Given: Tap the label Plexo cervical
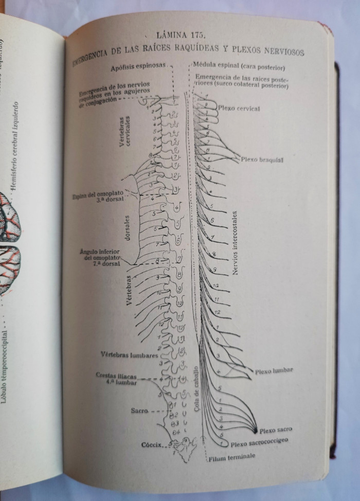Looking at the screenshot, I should point(239,109).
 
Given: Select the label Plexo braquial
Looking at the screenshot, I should point(263,160).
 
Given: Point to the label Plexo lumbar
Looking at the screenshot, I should point(272,370).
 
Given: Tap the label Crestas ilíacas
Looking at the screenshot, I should point(115,375).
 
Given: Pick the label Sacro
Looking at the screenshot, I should point(139,411).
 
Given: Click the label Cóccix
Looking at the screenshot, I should point(152,444).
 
